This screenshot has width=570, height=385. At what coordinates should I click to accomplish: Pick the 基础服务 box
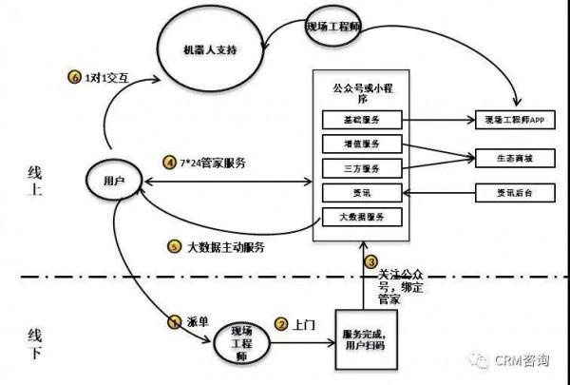(361, 120)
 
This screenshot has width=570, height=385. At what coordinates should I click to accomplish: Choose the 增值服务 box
(361, 144)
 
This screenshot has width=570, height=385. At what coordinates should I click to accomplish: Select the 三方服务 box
(361, 168)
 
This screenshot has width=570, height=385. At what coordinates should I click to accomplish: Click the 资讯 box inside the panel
(361, 193)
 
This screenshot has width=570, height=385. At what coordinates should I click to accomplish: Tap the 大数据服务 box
(361, 218)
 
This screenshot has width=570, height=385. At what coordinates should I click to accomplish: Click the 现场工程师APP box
(515, 121)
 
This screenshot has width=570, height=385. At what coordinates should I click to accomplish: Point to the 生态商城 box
(515, 157)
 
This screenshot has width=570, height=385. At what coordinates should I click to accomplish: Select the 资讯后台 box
(515, 193)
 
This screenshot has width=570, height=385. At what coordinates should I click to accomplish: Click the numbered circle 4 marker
(170, 163)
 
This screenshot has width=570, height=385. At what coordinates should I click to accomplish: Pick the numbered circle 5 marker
(173, 247)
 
